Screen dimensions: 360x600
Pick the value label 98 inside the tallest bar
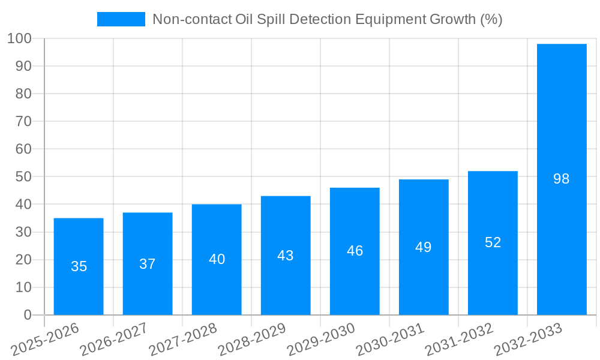[562, 179]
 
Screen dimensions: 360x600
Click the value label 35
[79, 266]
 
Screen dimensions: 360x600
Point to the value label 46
[355, 251]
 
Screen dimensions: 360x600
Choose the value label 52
[493, 242]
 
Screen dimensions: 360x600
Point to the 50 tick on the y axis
[23, 177]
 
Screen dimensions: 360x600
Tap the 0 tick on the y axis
[27, 315]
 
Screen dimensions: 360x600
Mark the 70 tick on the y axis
[23, 122]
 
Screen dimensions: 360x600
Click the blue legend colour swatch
[121, 20]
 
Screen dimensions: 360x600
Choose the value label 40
[217, 259]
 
